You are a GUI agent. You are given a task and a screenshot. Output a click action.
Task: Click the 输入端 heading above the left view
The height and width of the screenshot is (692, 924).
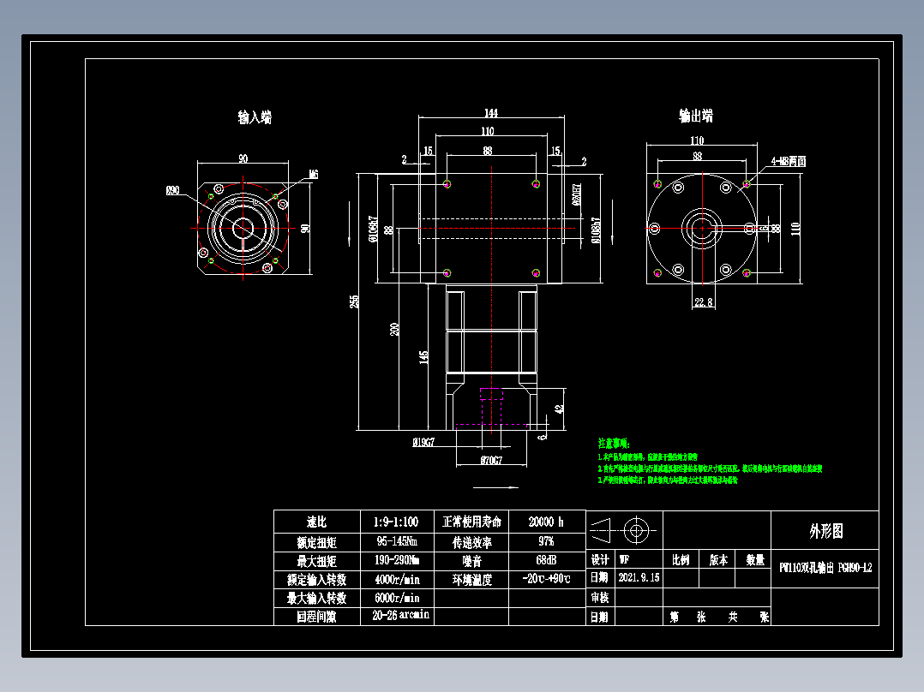[x=255, y=117]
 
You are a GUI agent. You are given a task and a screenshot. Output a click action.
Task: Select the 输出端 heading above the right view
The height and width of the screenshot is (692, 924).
[x=695, y=116]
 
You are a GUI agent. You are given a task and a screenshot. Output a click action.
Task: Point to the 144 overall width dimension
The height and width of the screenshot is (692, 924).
[x=490, y=112]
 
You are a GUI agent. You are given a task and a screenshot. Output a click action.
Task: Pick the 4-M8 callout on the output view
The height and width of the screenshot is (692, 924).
[x=788, y=161]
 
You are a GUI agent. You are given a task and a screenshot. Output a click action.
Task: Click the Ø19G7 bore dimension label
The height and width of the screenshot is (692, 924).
[x=423, y=442]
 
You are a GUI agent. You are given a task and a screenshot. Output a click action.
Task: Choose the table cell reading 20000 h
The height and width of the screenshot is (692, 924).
[x=546, y=522]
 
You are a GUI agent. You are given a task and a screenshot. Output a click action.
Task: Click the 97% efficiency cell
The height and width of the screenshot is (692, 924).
[x=546, y=541]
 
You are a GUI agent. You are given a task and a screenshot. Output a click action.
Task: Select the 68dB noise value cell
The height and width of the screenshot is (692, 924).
[x=546, y=560]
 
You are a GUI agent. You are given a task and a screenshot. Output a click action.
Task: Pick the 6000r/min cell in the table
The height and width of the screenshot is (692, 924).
[x=397, y=598]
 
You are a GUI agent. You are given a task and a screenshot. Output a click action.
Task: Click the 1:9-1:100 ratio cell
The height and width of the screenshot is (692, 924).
[x=397, y=522]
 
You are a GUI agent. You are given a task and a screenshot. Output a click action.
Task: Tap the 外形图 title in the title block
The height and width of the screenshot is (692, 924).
[x=825, y=531]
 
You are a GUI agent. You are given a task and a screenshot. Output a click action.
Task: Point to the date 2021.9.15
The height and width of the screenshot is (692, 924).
[x=639, y=578]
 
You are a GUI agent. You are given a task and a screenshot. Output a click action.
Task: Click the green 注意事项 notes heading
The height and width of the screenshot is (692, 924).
[x=614, y=444]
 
